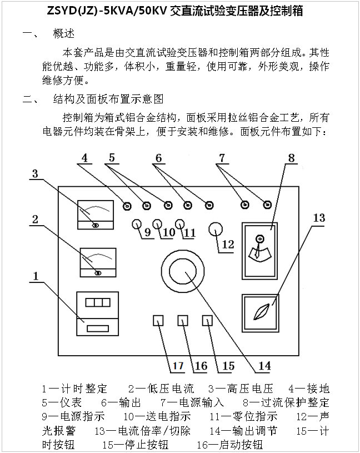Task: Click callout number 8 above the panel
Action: point(291,157)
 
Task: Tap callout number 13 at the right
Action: point(318,217)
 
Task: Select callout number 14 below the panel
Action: point(264,366)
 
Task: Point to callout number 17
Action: point(177,366)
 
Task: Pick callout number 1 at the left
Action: point(36,275)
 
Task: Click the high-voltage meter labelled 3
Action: point(95,214)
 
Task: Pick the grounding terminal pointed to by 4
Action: point(127,206)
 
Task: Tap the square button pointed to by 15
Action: point(208,321)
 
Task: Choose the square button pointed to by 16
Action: point(183,321)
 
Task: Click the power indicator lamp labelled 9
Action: point(137,224)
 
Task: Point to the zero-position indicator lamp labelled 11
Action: point(179,224)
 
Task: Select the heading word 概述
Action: point(63,33)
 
